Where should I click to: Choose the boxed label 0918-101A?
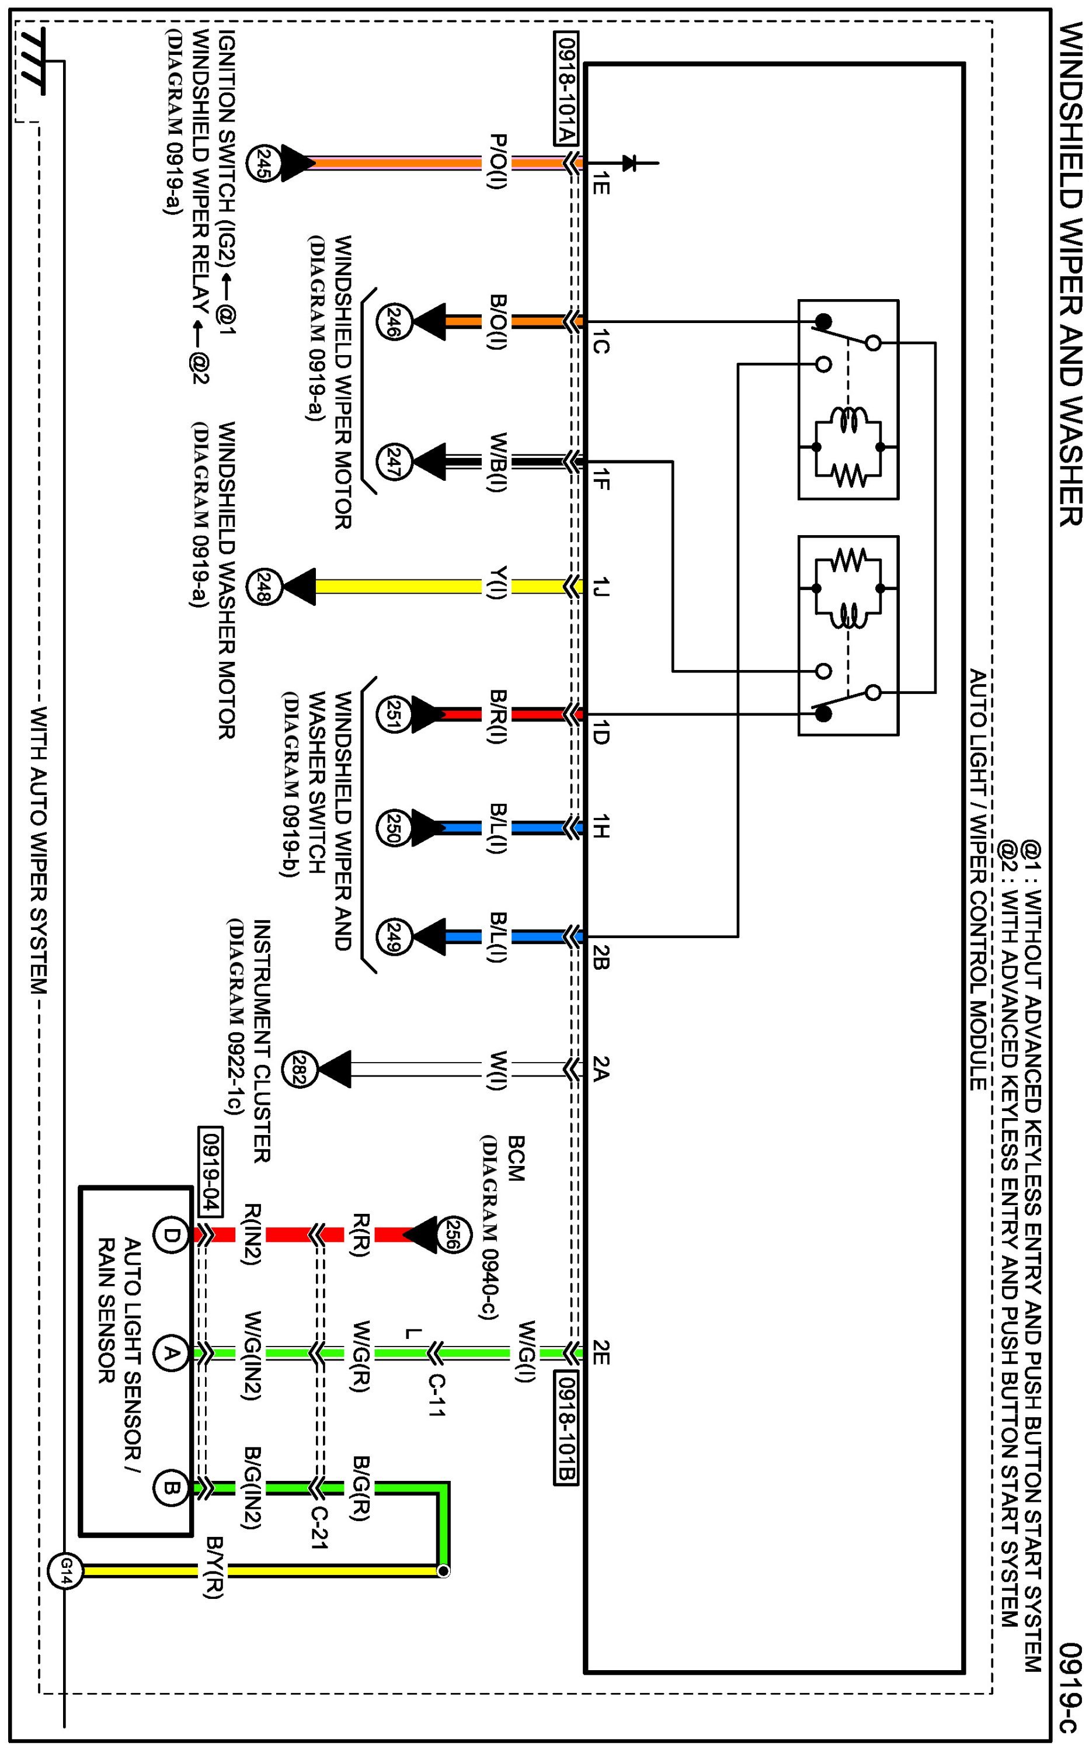566,89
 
